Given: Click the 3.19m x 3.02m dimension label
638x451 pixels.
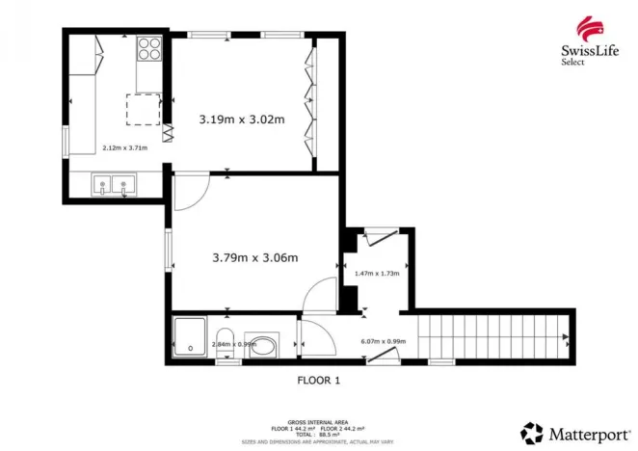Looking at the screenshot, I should tap(242, 119).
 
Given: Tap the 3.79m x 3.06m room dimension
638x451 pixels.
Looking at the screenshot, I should tap(254, 257).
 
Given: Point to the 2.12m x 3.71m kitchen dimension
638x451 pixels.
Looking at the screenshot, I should tap(124, 148).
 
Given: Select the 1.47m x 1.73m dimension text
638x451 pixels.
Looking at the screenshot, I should tap(377, 273).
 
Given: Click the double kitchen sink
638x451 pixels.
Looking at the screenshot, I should tap(114, 185).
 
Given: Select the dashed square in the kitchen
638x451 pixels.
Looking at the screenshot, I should tap(144, 109).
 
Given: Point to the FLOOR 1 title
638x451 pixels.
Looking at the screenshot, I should tap(318, 381).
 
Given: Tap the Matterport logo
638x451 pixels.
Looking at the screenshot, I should tap(570, 430).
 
